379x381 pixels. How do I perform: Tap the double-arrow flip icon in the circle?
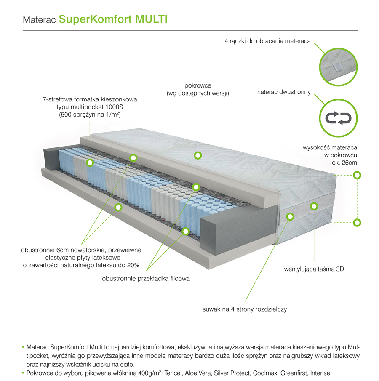click(x=339, y=118)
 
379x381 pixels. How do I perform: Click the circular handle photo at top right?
click(x=339, y=62)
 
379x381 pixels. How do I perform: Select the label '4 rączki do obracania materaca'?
click(x=268, y=41)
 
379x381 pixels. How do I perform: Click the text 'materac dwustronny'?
click(x=283, y=91)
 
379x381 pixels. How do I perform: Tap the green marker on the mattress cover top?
click(x=198, y=155)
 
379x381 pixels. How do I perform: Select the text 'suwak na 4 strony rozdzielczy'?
click(x=244, y=309)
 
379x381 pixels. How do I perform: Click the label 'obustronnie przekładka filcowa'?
click(x=146, y=279)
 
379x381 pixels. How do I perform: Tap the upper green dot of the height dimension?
click(x=357, y=175)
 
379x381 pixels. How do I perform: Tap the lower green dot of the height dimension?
click(x=357, y=223)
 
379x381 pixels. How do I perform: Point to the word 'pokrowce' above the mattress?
click(x=198, y=85)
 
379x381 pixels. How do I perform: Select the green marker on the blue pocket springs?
click(x=90, y=163)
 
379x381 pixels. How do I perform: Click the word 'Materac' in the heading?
click(x=40, y=20)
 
